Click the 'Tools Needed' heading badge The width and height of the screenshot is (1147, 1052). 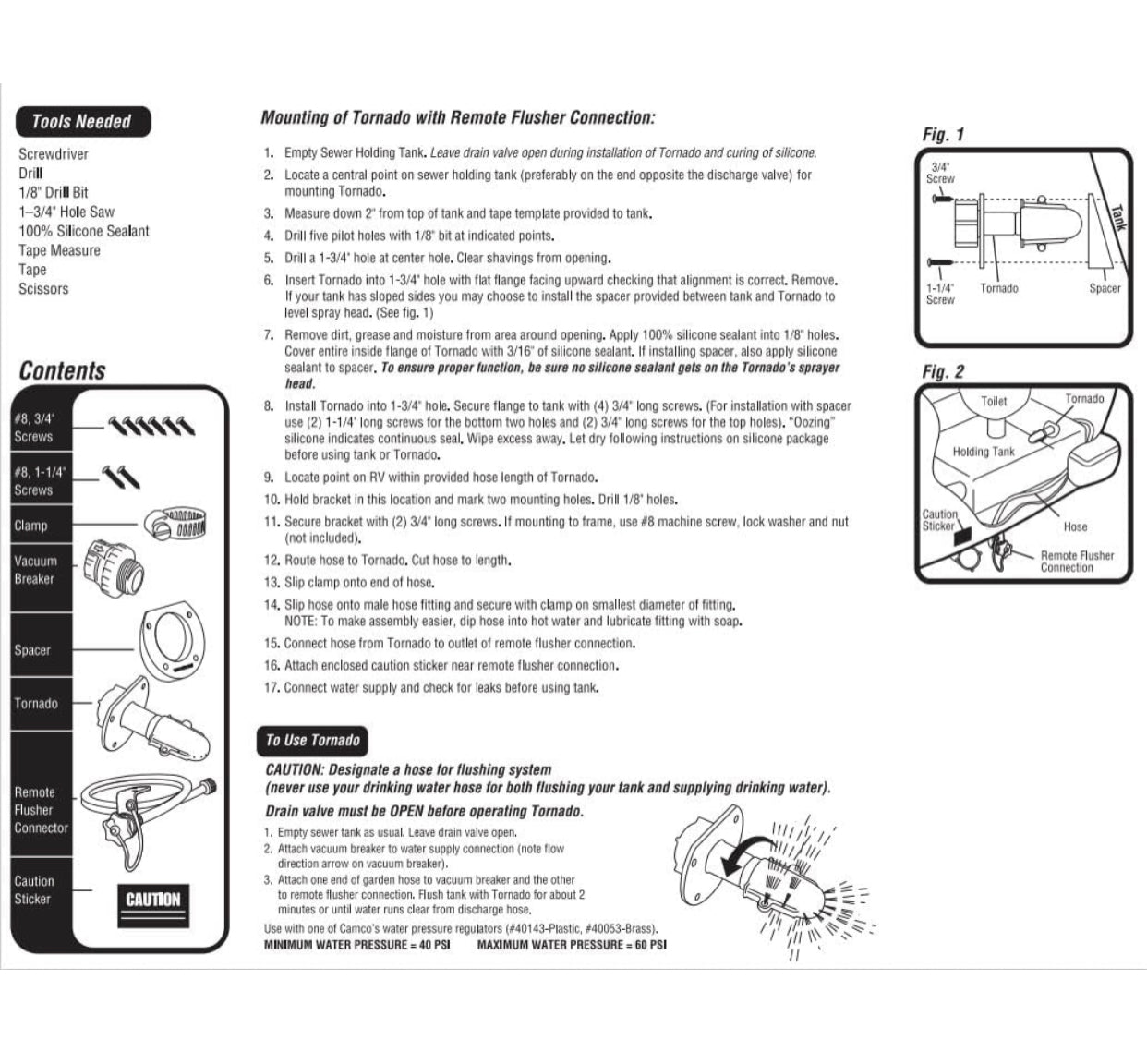(81, 122)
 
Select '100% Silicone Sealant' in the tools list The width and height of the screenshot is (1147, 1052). (83, 231)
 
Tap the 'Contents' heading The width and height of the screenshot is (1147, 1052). (62, 371)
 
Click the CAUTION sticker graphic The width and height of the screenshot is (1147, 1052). (153, 899)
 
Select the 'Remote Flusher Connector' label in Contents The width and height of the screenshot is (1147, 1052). (41, 810)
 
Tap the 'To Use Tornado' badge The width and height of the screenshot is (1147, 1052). (312, 740)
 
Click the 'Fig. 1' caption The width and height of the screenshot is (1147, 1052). (943, 135)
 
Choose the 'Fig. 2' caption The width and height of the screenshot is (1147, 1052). (943, 372)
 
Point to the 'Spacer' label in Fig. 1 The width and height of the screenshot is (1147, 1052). (1105, 289)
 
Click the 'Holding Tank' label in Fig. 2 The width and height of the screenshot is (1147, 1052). (984, 452)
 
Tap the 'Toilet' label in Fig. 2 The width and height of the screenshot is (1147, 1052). (994, 402)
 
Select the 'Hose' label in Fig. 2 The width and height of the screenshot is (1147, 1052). (1075, 526)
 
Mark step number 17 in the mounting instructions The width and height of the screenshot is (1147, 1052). (271, 688)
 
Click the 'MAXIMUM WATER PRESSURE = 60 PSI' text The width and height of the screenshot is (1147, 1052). (572, 945)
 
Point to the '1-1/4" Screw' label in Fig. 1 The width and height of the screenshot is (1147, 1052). (940, 294)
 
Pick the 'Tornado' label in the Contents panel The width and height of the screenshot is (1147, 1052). (36, 704)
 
